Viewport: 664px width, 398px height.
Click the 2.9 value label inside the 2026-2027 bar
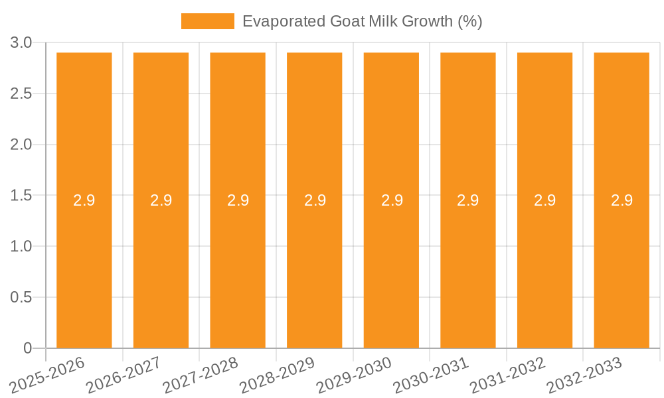tap(161, 200)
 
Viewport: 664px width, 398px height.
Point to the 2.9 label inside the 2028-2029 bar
tap(315, 200)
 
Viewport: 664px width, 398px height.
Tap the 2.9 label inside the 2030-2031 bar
tap(468, 200)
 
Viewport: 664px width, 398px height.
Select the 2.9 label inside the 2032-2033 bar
tap(622, 200)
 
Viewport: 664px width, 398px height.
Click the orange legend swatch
tap(208, 21)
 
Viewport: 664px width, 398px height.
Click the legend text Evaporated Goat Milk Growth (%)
tap(362, 21)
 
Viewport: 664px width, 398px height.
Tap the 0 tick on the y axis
tap(27, 348)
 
